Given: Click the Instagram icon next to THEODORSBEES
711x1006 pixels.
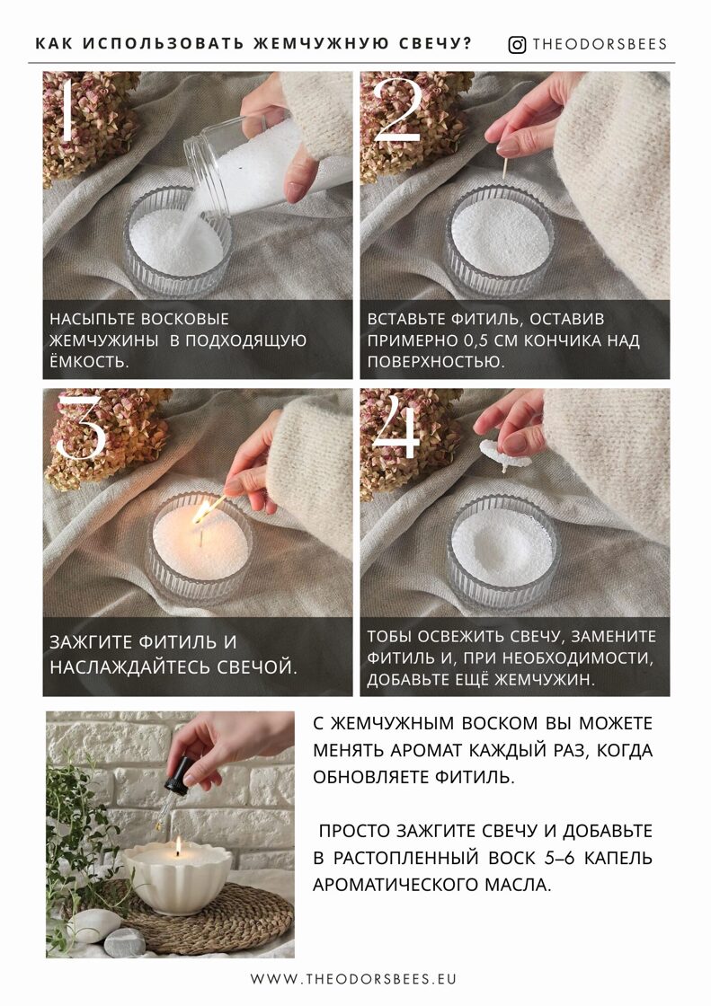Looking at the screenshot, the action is tap(517, 45).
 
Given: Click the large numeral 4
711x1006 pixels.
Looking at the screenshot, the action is tap(396, 428).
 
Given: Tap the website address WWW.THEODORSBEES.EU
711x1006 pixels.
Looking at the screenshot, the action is tap(353, 978).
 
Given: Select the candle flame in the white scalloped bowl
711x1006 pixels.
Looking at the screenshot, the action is tap(179, 847).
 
